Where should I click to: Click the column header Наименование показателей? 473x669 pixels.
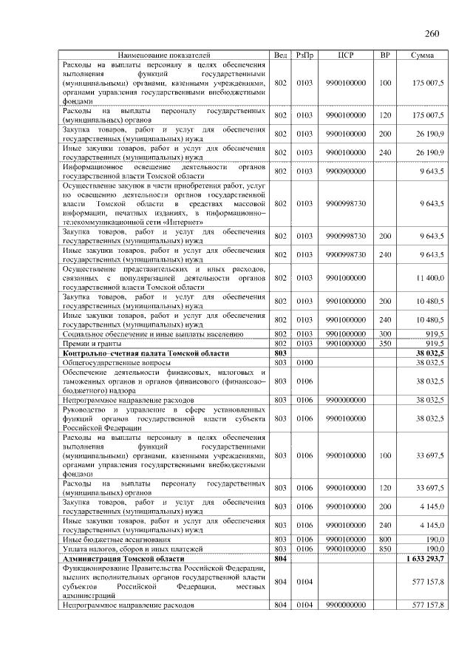[164, 55]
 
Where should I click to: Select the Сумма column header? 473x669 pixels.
[422, 55]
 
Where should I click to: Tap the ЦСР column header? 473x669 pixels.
[345, 55]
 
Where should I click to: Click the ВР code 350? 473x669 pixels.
[384, 343]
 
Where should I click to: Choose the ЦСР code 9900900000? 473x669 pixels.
[345, 172]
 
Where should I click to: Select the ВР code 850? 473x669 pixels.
[384, 551]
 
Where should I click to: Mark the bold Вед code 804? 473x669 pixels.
[280, 561]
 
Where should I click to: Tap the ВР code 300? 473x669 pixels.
[384, 334]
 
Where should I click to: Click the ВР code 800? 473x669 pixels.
[384, 541]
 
